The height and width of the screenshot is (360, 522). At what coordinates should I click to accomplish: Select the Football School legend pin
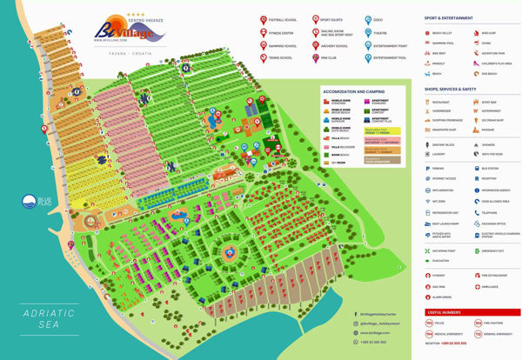click(x=264, y=18)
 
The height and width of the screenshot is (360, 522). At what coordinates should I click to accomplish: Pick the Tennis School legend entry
click(x=264, y=58)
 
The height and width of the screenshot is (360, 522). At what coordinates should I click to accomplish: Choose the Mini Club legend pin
click(x=315, y=58)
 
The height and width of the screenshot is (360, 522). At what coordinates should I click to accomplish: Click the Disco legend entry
click(x=365, y=18)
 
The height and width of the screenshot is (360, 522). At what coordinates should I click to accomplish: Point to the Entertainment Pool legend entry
click(x=365, y=58)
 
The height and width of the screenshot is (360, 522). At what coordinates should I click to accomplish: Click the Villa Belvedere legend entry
click(x=334, y=145)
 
